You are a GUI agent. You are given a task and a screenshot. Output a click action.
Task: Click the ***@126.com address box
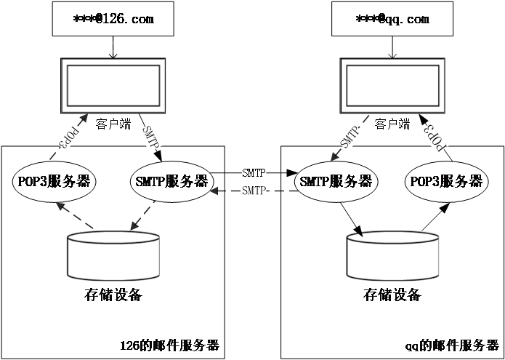[113, 19]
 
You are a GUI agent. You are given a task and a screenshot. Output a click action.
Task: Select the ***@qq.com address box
[392, 19]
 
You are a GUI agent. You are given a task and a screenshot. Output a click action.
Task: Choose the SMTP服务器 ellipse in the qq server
[336, 180]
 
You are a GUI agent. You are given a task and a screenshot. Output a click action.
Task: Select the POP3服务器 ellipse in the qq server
[445, 180]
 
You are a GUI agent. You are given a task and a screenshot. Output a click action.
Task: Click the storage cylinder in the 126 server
[113, 255]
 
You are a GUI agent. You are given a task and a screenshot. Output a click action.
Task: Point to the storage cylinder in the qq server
[392, 255]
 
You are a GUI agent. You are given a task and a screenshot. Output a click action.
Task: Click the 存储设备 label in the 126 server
[113, 295]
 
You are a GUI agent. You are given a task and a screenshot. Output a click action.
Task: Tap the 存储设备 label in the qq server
[392, 295]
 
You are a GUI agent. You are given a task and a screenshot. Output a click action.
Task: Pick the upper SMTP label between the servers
[254, 172]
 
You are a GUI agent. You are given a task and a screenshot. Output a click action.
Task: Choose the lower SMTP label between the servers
[254, 191]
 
